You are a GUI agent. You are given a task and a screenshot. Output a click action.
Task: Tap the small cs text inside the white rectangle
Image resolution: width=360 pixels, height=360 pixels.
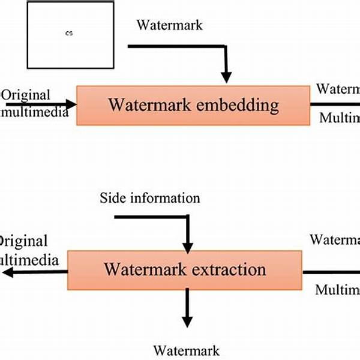(x=69, y=34)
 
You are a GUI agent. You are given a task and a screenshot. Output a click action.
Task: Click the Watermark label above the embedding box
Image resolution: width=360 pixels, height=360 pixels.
(x=170, y=25)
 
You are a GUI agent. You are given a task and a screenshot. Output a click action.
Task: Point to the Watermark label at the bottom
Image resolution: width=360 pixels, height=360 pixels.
(x=186, y=350)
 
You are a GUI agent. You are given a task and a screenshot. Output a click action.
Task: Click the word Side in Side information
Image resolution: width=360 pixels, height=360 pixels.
(x=113, y=198)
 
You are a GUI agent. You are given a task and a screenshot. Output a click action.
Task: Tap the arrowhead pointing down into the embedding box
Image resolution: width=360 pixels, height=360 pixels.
(x=226, y=76)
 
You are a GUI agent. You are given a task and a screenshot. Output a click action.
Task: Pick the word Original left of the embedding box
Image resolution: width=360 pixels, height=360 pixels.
(x=27, y=95)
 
